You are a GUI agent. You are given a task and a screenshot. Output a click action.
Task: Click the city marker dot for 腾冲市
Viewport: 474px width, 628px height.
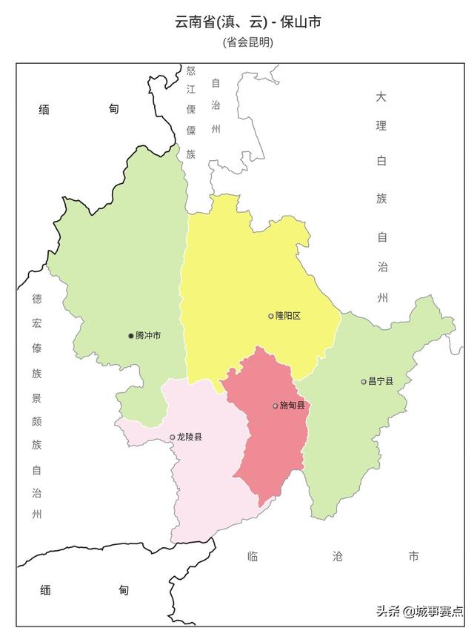[131, 336]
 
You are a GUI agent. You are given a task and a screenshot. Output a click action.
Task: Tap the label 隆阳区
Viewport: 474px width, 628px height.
[287, 316]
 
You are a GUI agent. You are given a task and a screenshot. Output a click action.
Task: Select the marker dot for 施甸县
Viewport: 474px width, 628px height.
[276, 406]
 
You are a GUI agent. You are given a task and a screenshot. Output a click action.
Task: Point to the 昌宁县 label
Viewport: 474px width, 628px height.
[381, 382]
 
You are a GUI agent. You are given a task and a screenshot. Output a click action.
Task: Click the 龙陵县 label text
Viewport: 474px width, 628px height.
[190, 437]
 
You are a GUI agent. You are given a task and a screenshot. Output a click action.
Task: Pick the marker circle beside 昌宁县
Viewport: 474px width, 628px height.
[364, 382]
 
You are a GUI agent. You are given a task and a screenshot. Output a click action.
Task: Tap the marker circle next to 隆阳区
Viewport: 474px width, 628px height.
[271, 316]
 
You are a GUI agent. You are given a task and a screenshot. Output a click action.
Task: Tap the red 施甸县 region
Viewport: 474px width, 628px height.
[270, 445]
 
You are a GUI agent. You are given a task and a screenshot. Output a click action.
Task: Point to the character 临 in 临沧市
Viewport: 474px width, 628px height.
[253, 556]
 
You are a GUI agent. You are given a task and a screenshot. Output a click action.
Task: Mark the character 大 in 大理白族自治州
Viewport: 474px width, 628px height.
[381, 97]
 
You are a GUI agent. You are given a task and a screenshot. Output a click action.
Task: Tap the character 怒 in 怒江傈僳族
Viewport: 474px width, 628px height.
[191, 72]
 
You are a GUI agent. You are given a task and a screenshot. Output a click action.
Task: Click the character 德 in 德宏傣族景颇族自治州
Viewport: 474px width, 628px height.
[37, 299]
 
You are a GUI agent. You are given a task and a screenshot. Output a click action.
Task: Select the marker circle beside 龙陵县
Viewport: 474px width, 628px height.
[173, 437]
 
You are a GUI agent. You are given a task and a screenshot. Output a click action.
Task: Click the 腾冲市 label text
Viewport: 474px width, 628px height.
[148, 336]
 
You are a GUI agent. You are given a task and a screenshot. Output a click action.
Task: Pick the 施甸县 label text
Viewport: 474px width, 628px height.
[292, 406]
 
